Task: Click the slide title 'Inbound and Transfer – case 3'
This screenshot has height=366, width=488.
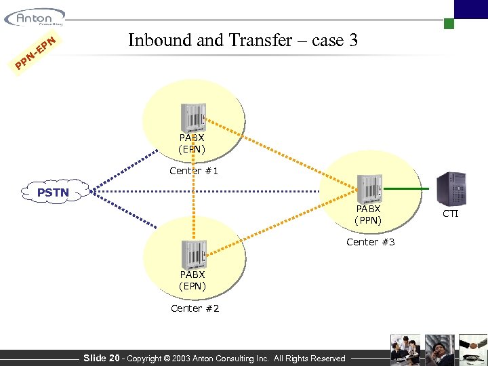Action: [x=243, y=41]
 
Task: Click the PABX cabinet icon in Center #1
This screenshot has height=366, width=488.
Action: [x=193, y=118]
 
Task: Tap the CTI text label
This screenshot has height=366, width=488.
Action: [x=451, y=214]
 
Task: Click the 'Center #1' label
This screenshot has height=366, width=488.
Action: [x=194, y=171]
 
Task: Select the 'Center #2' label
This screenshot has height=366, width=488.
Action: [x=195, y=308]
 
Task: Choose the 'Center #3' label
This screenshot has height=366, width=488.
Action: [x=370, y=242]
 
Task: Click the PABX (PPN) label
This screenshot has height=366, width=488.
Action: [x=369, y=215]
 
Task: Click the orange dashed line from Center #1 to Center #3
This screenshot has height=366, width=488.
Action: [x=285, y=155]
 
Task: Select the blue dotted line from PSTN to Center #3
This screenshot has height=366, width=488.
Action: [x=224, y=190]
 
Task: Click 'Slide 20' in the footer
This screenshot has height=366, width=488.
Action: [x=101, y=358]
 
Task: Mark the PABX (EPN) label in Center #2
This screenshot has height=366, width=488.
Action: [x=193, y=281]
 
